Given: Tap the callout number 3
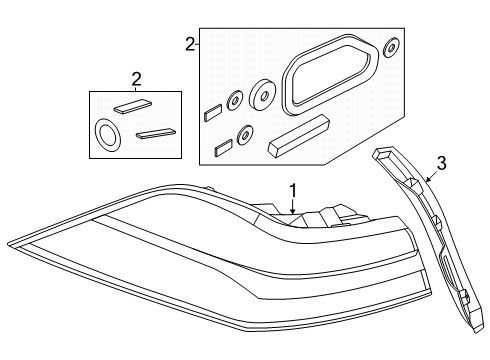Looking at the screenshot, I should point(440,164).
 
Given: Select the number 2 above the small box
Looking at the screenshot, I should point(136,79).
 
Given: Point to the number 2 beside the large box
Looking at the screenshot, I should point(190,44).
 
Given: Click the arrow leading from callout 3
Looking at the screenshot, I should point(425,181).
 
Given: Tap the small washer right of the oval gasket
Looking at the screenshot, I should point(392,47).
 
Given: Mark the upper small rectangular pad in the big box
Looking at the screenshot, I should point(212,113).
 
